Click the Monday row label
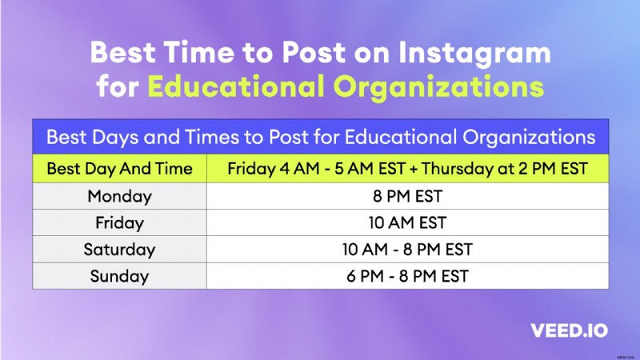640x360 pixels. (119, 196)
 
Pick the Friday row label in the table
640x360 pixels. (119, 222)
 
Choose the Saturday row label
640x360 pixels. (119, 249)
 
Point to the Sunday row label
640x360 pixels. (119, 276)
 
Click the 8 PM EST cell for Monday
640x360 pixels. (406, 196)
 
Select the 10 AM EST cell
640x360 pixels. (406, 222)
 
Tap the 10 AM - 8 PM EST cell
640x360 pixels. (406, 249)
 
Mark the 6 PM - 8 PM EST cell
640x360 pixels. (406, 276)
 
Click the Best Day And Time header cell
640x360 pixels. (119, 169)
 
